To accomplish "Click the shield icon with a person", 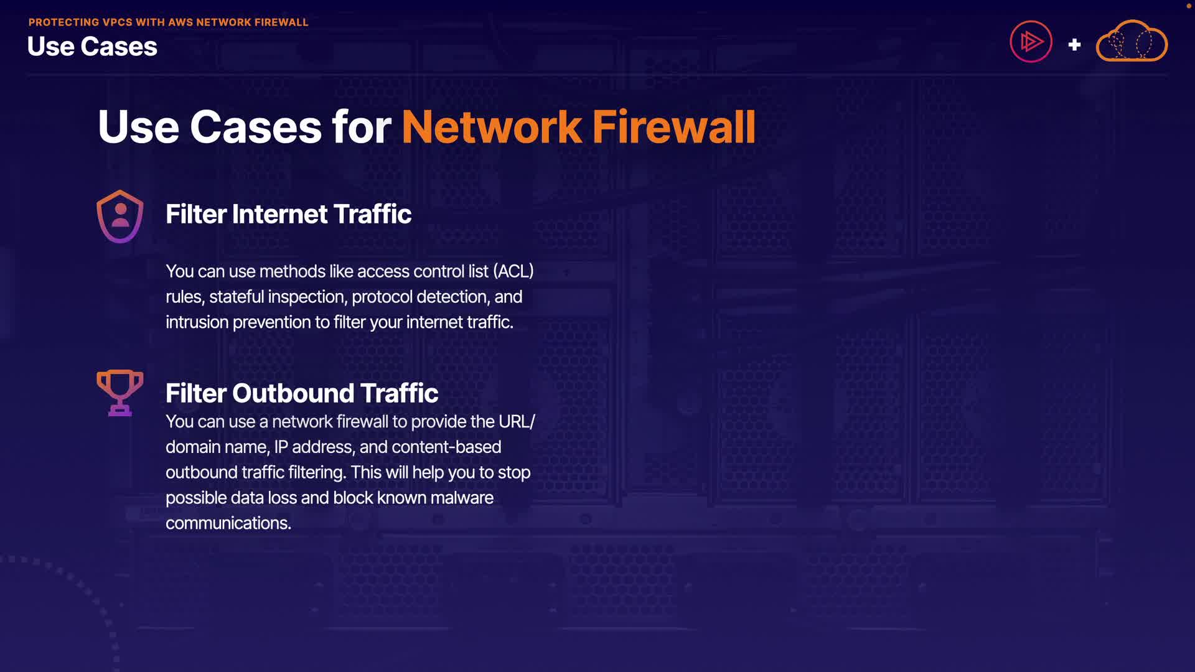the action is pos(120,217).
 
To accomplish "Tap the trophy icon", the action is pos(120,392).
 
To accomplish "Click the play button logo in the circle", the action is pos(1031,42).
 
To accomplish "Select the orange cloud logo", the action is pos(1132,42).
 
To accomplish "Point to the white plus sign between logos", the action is pos(1074,45).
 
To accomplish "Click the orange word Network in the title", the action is pos(492,128).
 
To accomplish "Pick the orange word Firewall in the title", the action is pos(673,128).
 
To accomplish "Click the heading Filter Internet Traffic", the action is pos(288,214).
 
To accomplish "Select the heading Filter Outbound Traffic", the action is pos(302,393).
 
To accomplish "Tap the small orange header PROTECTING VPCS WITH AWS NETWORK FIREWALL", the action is pos(168,22).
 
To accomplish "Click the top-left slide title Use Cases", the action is pos(92,47).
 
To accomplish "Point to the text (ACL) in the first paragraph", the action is pos(513,271).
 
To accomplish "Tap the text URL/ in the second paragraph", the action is pos(517,422).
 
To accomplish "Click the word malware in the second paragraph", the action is pos(462,498).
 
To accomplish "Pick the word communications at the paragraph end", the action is pos(228,523).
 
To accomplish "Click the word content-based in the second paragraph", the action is pos(446,447).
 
